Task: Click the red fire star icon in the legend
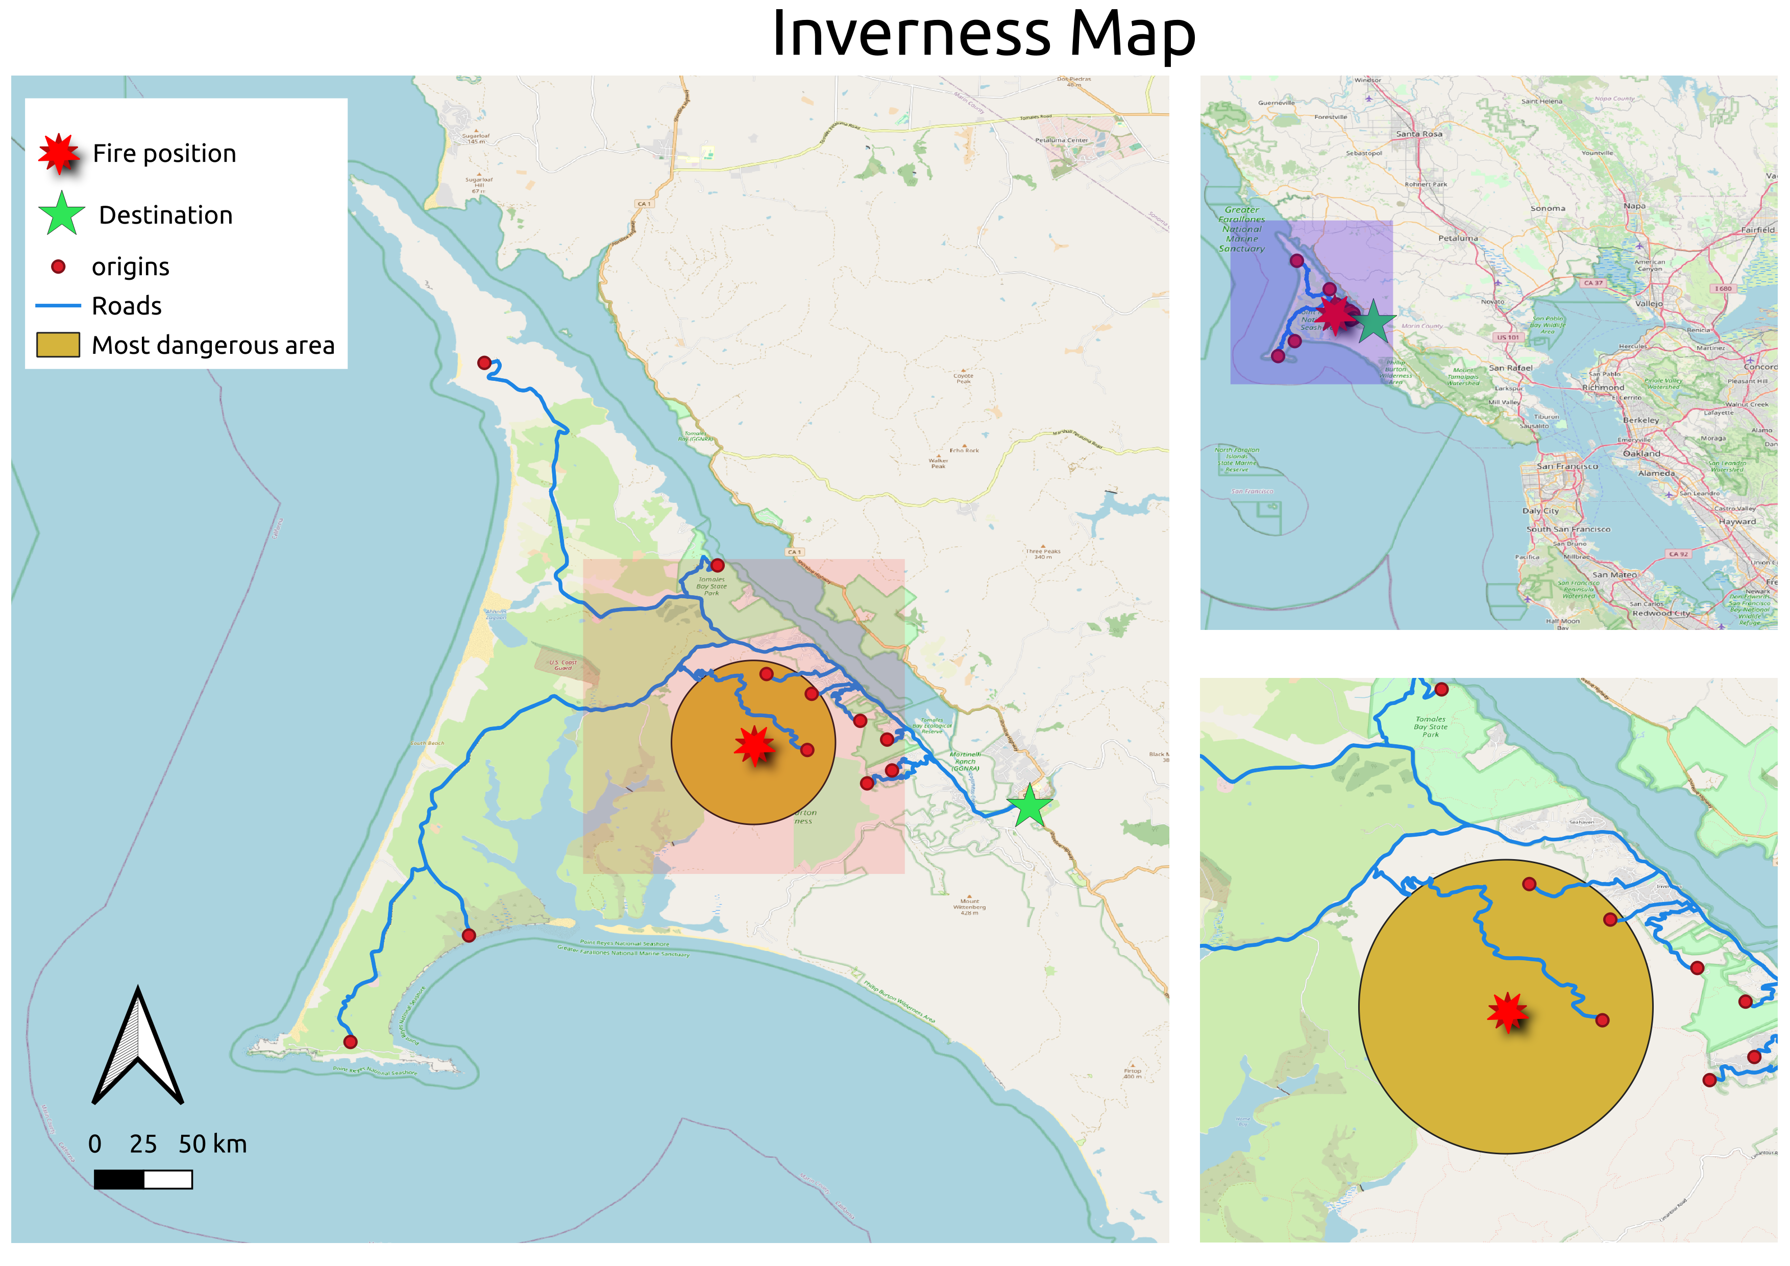point(59,154)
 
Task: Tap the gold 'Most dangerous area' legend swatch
point(58,345)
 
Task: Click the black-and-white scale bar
point(143,1179)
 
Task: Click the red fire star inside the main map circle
point(754,746)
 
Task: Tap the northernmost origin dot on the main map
point(484,362)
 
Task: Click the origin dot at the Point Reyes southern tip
point(350,1041)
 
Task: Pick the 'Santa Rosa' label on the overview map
point(1419,134)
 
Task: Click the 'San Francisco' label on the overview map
point(1567,466)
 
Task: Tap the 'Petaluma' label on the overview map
point(1458,238)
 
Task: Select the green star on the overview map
point(1373,323)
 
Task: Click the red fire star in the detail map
point(1507,1012)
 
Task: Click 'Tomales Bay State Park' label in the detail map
point(1431,726)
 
